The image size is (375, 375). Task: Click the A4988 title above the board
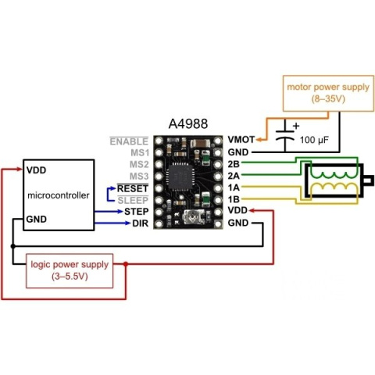[x=188, y=123]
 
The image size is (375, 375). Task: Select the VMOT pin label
[x=241, y=140]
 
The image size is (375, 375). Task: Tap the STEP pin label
[x=136, y=212]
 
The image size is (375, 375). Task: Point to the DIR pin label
[x=141, y=223]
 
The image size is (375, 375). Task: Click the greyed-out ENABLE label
[x=129, y=141]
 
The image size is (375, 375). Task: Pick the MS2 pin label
[x=139, y=165]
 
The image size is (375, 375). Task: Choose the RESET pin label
[x=133, y=188]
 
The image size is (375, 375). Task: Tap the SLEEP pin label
[x=133, y=200]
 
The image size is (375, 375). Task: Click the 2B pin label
[x=234, y=164]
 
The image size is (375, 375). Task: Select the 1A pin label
[x=234, y=187]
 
